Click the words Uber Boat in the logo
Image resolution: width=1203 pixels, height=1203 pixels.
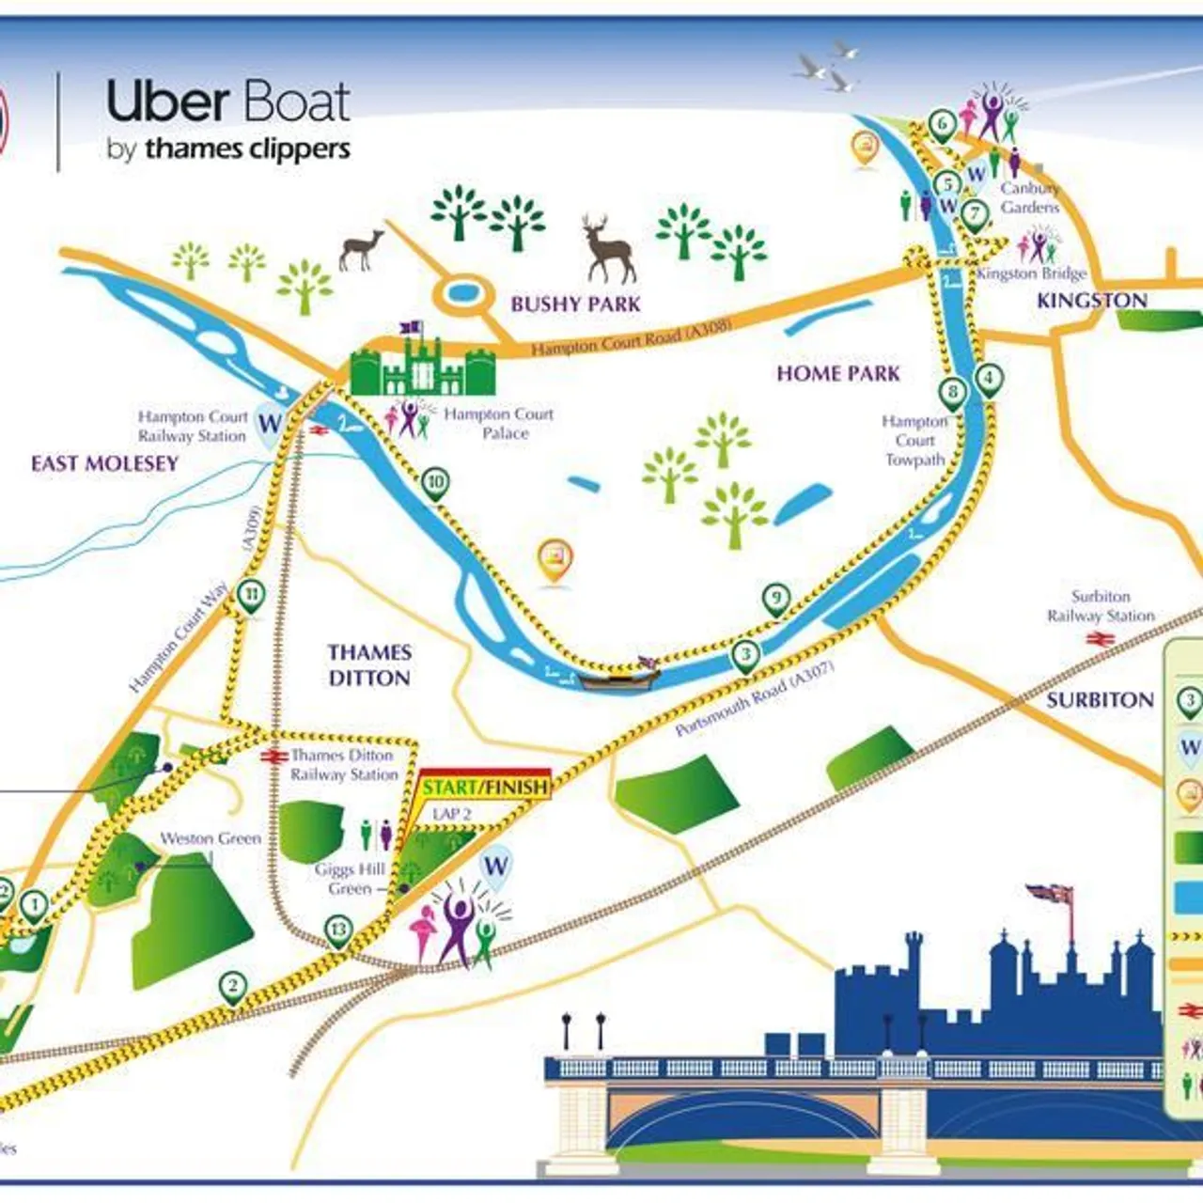(228, 102)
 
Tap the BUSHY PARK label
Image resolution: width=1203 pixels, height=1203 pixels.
(575, 304)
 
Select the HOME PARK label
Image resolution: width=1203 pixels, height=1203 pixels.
(837, 374)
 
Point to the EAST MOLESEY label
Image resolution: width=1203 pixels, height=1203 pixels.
(104, 463)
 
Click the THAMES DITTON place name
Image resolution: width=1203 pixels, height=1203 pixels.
(369, 664)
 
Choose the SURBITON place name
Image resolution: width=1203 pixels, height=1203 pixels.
(1100, 700)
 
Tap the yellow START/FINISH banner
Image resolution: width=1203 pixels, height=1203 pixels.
(485, 787)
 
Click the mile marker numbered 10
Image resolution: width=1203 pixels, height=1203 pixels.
(434, 483)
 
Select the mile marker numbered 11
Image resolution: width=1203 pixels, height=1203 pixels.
(251, 595)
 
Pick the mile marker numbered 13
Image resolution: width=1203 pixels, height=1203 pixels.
(338, 930)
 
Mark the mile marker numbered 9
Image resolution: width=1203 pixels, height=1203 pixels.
(775, 598)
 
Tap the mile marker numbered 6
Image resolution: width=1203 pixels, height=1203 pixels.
(942, 123)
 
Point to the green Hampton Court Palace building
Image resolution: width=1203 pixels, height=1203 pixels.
(422, 367)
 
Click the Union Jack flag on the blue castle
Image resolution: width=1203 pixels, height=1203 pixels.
(1051, 893)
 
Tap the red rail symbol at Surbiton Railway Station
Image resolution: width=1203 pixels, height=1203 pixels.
(1100, 640)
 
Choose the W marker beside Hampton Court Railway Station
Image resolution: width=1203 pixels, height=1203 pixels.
(271, 423)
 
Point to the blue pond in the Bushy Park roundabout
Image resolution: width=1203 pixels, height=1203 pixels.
(461, 293)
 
